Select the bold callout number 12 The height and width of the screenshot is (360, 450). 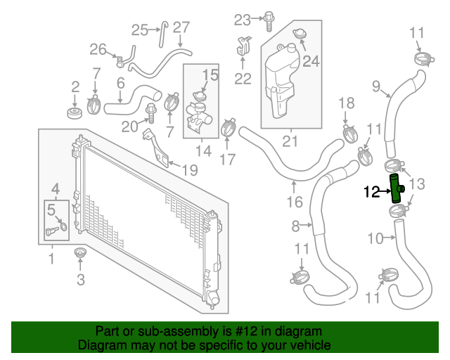pos(373,191)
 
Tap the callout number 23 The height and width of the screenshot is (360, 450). pos(243,18)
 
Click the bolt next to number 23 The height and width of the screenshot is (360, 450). pos(268,20)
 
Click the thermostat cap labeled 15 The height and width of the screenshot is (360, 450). pos(199,94)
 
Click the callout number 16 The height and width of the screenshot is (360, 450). pos(294,202)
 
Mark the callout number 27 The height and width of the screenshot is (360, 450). pos(181,27)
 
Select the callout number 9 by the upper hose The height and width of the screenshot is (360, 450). pos(375,86)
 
